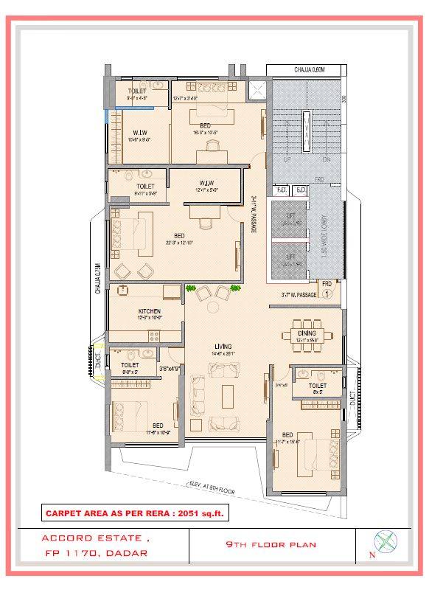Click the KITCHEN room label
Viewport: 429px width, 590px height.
[150, 312]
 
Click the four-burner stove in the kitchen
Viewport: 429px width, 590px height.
[156, 336]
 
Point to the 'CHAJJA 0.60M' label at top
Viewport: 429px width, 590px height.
[310, 70]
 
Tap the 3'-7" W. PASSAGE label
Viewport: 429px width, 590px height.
[299, 295]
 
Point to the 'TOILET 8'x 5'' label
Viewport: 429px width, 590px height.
[318, 389]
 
